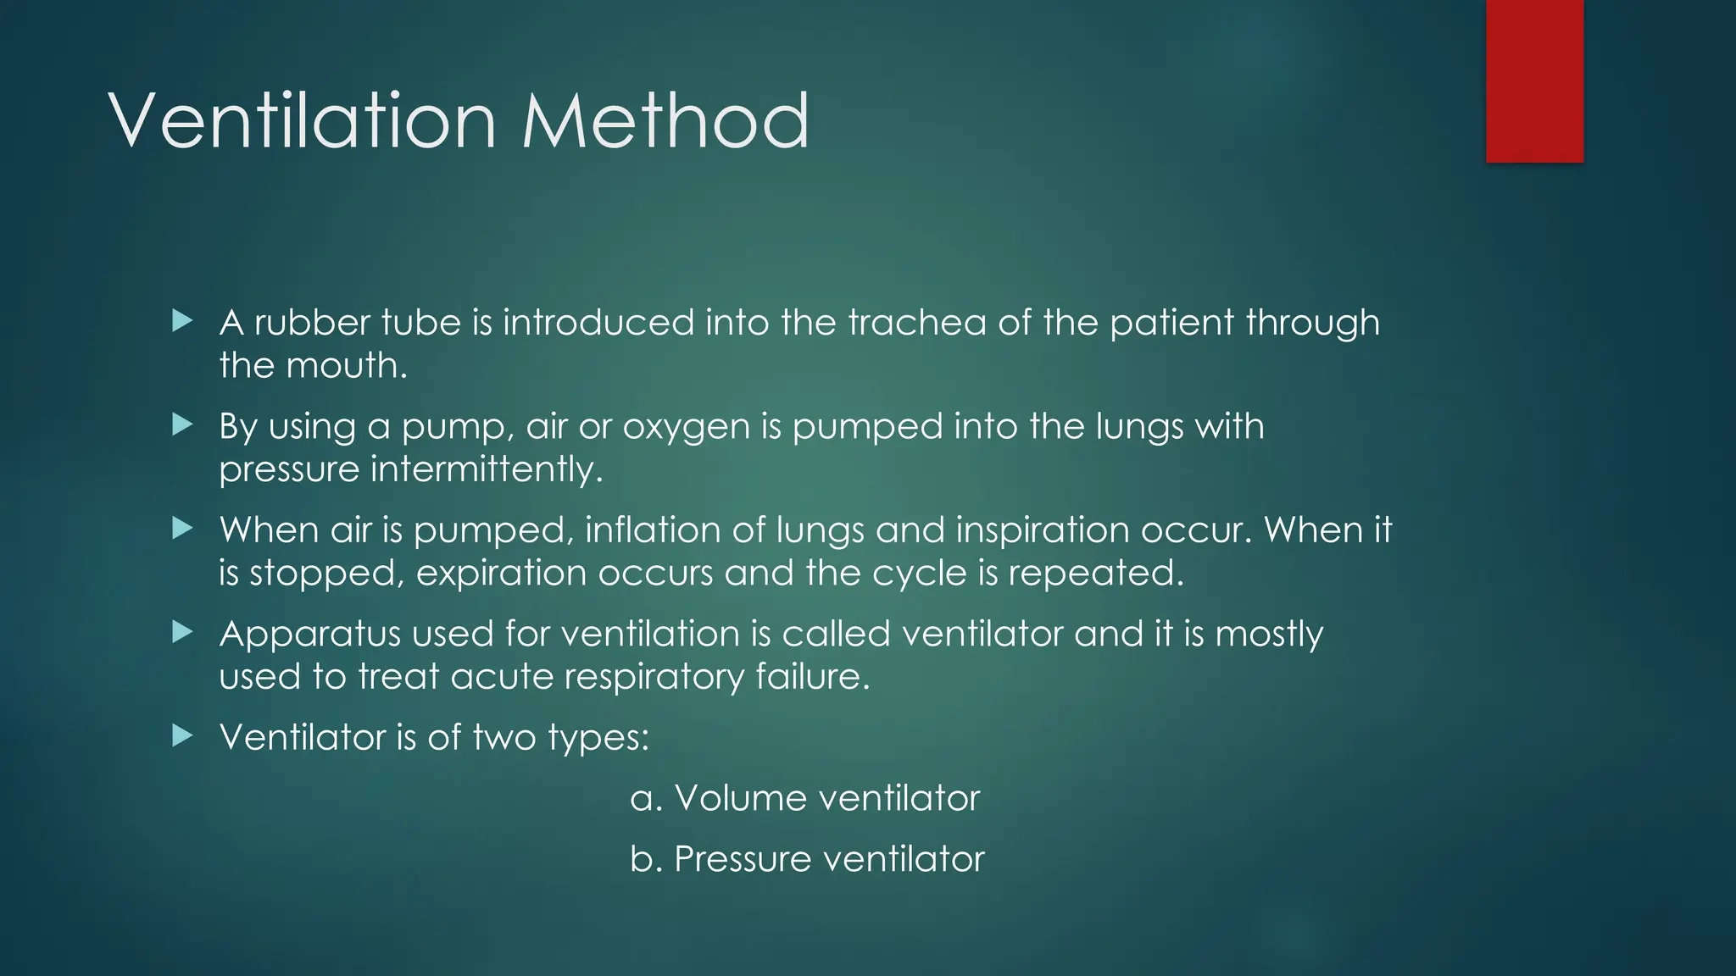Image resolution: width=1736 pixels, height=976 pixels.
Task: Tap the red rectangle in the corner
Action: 1534,80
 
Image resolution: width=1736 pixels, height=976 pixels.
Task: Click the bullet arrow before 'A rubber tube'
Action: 182,320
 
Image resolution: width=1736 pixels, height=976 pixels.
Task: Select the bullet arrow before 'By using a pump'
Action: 182,424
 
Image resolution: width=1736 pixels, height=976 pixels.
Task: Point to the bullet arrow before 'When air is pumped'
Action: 182,528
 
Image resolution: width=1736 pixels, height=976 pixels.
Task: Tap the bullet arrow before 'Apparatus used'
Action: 182,631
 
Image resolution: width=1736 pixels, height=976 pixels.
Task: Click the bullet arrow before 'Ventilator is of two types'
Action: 182,735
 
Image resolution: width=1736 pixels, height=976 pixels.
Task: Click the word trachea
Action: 917,323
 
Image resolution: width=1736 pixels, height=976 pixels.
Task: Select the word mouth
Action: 347,366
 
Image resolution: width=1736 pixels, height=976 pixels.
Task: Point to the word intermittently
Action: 487,469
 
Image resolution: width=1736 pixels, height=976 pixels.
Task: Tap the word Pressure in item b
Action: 743,859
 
